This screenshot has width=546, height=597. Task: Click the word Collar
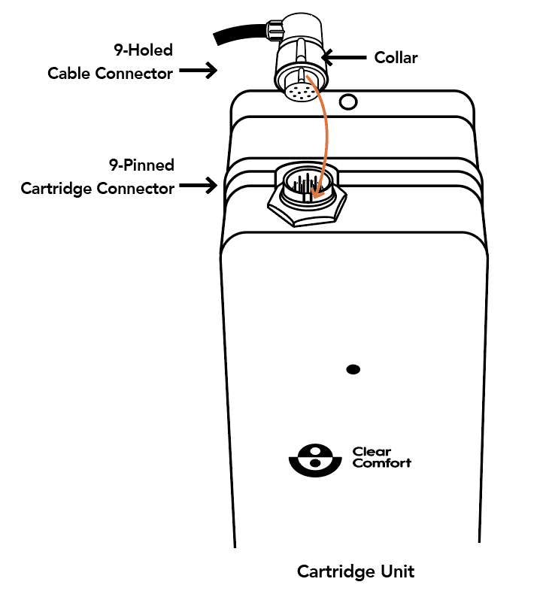396,58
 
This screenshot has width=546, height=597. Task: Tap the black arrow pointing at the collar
344,57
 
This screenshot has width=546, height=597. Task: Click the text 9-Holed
143,50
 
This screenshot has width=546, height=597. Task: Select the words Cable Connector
110,74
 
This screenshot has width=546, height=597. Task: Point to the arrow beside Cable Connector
198,71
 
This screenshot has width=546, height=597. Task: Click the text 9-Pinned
141,165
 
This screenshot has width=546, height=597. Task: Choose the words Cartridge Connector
98,189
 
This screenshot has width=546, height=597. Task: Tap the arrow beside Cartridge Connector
198,186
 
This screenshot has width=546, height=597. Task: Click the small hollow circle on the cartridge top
348,102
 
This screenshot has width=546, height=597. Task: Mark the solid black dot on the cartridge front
353,369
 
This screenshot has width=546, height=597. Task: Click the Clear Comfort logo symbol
315,460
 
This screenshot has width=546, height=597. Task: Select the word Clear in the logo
372,452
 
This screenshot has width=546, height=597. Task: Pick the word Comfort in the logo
382,463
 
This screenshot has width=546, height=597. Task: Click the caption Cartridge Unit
356,571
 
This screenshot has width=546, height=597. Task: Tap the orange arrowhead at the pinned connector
316,193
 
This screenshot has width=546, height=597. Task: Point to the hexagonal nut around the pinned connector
307,214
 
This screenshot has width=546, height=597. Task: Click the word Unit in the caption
399,571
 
